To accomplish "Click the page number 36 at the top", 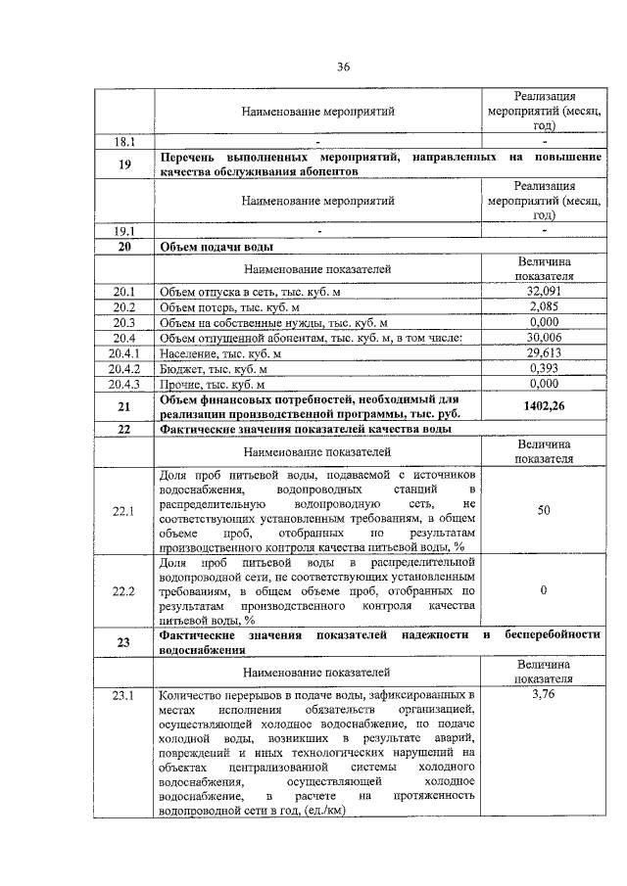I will tap(343, 67).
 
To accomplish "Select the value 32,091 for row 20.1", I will tap(543, 292).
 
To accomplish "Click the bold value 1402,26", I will tap(543, 404).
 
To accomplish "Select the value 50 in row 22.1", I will tap(543, 510).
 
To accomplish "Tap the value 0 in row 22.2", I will tap(543, 591).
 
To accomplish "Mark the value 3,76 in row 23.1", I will tap(543, 695).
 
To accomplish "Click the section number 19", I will tap(123, 163).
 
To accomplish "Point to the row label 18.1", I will tap(123, 141).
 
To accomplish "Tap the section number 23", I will tap(123, 642).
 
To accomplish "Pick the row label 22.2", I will tap(123, 591).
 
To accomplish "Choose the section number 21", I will tap(123, 405).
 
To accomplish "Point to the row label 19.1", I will tap(123, 231).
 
